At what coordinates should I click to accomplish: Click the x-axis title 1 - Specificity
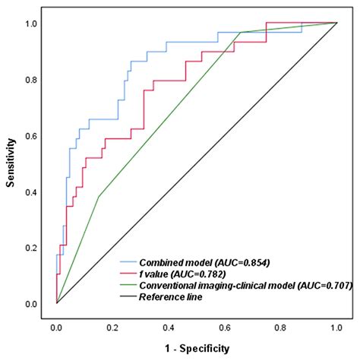[x=195, y=349]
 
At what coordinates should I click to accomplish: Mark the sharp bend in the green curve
[x=99, y=197]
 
